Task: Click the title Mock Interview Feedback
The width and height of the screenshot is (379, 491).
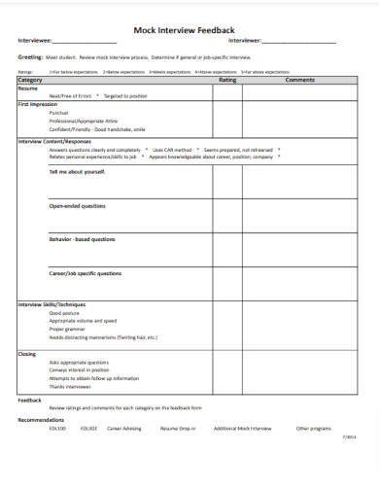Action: pos(190,30)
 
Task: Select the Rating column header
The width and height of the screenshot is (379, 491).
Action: pos(228,80)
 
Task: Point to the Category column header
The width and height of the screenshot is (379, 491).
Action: pos(31,80)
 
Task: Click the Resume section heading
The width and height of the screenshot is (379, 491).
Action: pos(28,88)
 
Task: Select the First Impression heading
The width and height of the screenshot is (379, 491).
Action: pos(38,103)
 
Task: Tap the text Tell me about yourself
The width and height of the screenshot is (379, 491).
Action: pos(77,171)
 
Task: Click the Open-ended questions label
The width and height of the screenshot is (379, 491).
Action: pos(79,205)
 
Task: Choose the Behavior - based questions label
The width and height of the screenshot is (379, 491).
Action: pos(82,239)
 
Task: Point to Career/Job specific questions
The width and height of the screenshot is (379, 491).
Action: pos(86,273)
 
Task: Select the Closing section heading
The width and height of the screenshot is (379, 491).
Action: pos(27,354)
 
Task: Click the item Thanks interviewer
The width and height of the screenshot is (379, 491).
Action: pos(71,386)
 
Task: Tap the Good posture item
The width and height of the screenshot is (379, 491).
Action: pos(64,313)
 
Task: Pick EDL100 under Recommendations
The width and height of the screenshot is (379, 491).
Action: pos(56,428)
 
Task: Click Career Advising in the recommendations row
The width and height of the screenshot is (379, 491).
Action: pos(123,428)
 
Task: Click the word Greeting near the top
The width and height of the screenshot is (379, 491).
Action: pos(30,57)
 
